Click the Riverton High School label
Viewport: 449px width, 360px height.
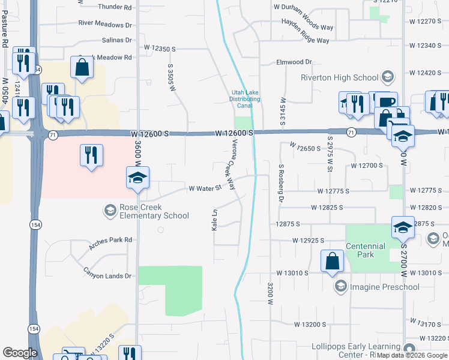pyautogui.click(x=340, y=77)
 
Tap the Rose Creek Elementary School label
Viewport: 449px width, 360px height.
pyautogui.click(x=154, y=211)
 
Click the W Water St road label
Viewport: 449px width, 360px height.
pyautogui.click(x=205, y=188)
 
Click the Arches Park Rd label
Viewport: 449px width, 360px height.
pyautogui.click(x=110, y=239)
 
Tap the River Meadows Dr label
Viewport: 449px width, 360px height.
pyautogui.click(x=105, y=25)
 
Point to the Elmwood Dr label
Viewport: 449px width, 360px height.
pyautogui.click(x=294, y=62)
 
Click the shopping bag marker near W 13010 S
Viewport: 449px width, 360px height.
pyautogui.click(x=332, y=262)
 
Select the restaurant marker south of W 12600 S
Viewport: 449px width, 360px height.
pyautogui.click(x=91, y=155)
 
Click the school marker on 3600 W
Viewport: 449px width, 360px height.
pyautogui.click(x=137, y=178)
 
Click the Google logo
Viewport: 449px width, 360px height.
pyautogui.click(x=20, y=353)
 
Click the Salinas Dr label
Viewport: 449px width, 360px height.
pyautogui.click(x=116, y=40)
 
